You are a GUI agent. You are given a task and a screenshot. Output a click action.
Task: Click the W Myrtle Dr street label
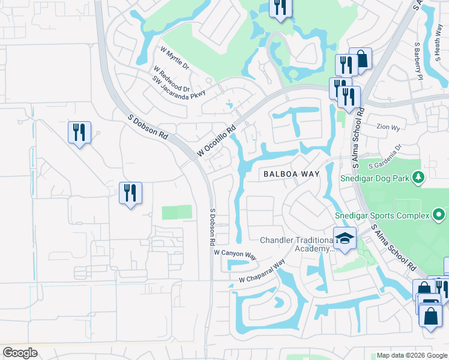click(x=175, y=59)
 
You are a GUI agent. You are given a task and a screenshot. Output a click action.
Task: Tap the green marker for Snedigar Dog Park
click(x=419, y=177)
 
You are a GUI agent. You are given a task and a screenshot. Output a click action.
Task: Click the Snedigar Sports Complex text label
click(x=382, y=215)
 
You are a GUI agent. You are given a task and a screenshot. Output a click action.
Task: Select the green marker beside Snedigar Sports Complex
click(x=439, y=214)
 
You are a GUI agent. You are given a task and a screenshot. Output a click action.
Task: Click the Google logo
click(x=20, y=353)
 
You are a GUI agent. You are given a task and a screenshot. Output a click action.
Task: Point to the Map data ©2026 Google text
click(x=411, y=355)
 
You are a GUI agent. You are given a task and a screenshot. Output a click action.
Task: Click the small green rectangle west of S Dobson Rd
click(x=177, y=212)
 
